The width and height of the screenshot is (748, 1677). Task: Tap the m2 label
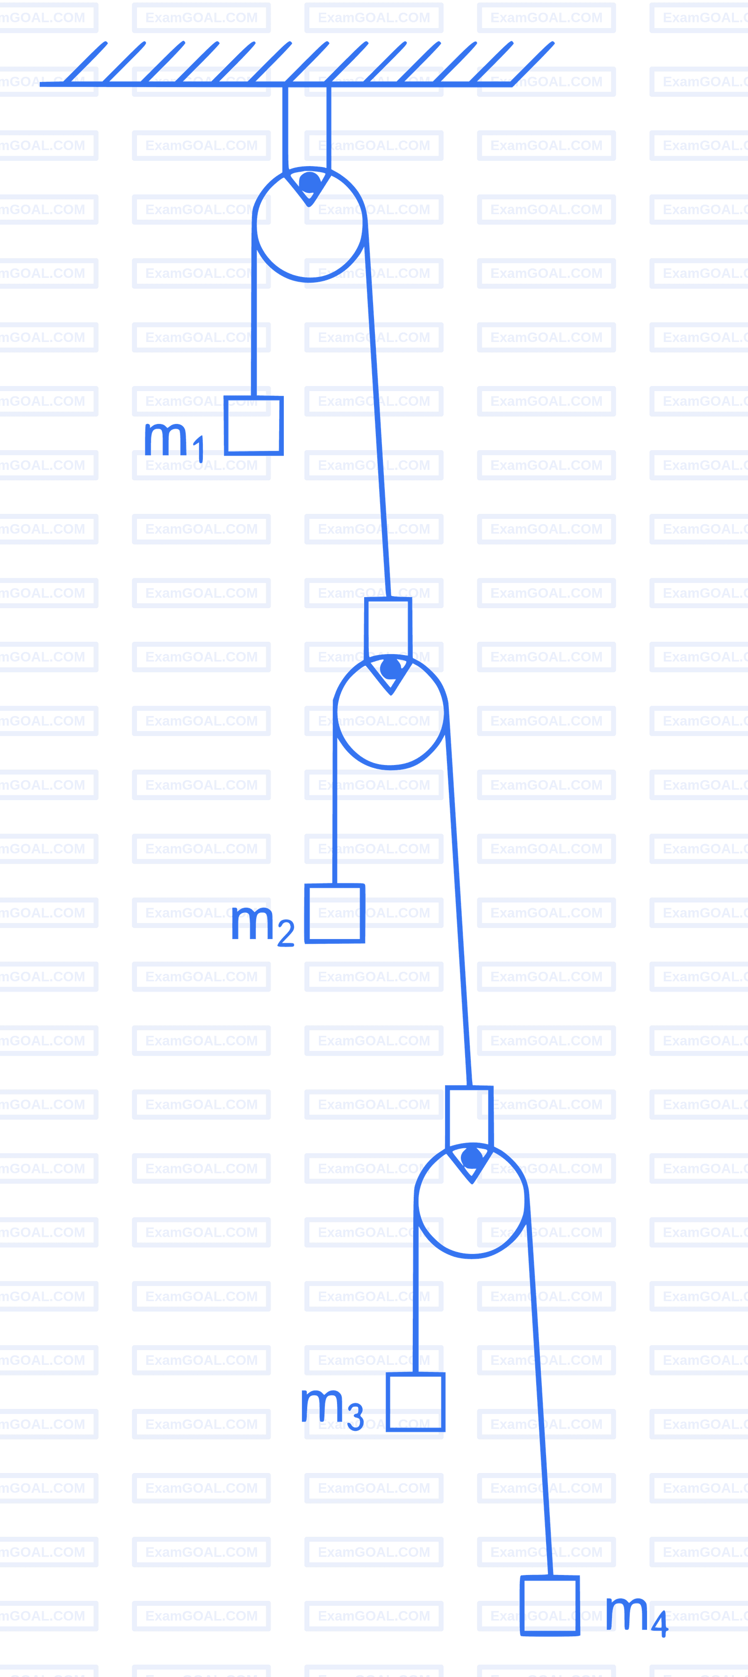[x=263, y=925]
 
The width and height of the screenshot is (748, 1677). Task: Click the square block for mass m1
[x=254, y=426]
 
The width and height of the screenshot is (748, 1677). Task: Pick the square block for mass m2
[x=335, y=913]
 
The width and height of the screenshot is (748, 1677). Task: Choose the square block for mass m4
[x=550, y=1605]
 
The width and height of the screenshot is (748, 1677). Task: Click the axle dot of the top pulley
[x=309, y=182]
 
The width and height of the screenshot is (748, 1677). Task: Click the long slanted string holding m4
[x=539, y=1386]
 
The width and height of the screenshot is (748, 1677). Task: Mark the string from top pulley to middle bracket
[x=377, y=410]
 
